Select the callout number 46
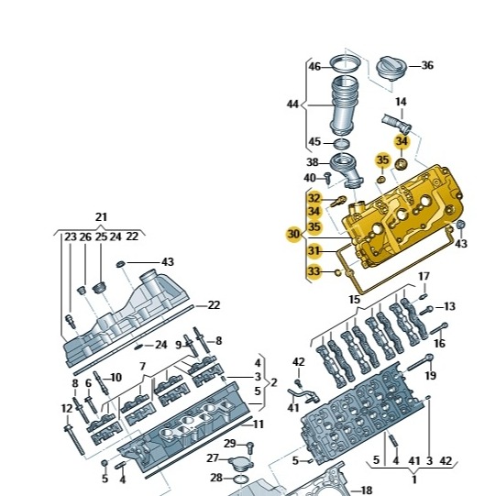coord(314,67)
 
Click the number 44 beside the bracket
coord(292,105)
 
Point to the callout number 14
coord(401,102)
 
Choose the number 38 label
coord(312,162)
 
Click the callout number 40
coord(310,177)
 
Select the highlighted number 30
coord(292,234)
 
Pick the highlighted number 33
coord(314,270)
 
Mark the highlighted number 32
coord(314,198)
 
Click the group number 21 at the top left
coord(101,217)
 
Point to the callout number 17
coord(424,276)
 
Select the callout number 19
coord(431,376)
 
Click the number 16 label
coord(439,344)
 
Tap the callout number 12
coord(67,408)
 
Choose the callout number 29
coord(229,444)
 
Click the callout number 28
coord(215,478)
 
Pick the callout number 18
coord(367,490)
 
